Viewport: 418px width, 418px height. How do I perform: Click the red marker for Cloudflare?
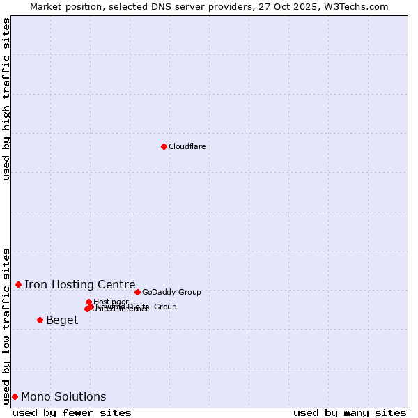pyautogui.click(x=164, y=146)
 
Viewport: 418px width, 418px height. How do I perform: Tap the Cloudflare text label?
pyautogui.click(x=187, y=146)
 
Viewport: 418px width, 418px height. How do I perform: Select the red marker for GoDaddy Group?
pyautogui.click(x=137, y=292)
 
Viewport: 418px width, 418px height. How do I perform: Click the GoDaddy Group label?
pyautogui.click(x=171, y=292)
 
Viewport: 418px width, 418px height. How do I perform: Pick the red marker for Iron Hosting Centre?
pyautogui.click(x=18, y=284)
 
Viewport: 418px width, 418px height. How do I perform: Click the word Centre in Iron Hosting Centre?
pyautogui.click(x=116, y=284)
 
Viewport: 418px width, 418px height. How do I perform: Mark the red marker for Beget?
pyautogui.click(x=40, y=320)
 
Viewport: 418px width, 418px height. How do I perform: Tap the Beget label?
pyautogui.click(x=62, y=320)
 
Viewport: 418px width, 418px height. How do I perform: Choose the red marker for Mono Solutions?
pyautogui.click(x=15, y=396)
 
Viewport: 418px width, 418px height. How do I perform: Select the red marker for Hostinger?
pyautogui.click(x=88, y=302)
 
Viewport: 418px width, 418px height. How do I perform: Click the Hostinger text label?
pyautogui.click(x=111, y=302)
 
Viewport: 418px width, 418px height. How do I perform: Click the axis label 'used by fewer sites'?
pyautogui.click(x=72, y=412)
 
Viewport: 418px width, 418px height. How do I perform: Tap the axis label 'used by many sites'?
pyautogui.click(x=350, y=412)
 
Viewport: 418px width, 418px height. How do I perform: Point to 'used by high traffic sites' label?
pyautogui.click(x=6, y=99)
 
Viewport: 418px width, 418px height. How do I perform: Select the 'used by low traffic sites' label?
pyautogui.click(x=6, y=325)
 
